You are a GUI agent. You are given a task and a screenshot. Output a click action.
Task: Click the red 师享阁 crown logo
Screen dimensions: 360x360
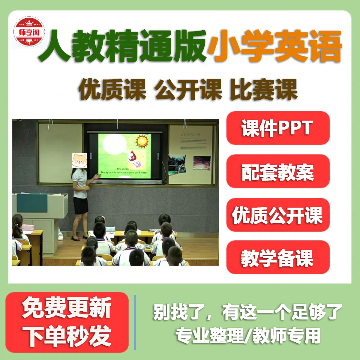(x=29, y=32)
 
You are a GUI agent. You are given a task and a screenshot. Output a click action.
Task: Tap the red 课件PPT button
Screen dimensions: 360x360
(x=278, y=128)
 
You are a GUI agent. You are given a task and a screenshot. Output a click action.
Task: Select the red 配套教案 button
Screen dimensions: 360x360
(x=278, y=172)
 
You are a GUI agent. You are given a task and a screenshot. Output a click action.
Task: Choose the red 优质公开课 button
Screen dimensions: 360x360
(x=278, y=215)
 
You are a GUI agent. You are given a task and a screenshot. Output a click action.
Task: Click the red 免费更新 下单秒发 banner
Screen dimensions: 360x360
(x=67, y=322)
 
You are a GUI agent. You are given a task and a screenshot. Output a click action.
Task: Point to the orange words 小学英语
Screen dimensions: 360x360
(x=275, y=46)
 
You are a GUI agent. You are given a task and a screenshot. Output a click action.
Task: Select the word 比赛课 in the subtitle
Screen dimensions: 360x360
(x=264, y=90)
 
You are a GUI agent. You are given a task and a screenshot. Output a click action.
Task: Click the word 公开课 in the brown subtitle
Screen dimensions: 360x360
(x=188, y=90)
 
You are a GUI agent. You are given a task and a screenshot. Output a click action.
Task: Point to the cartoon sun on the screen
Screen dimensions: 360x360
(x=142, y=141)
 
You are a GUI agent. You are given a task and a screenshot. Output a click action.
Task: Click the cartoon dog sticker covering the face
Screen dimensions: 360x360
(x=79, y=160)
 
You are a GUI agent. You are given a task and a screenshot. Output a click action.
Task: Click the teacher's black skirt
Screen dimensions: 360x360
(x=81, y=206)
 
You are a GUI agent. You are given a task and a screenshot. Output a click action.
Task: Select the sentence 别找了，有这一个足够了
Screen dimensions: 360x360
(x=247, y=312)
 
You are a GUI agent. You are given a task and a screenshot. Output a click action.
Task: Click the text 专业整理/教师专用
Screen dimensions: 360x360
(x=247, y=335)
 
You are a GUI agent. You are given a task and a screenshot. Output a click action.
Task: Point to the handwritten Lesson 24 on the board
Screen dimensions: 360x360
(x=190, y=134)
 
